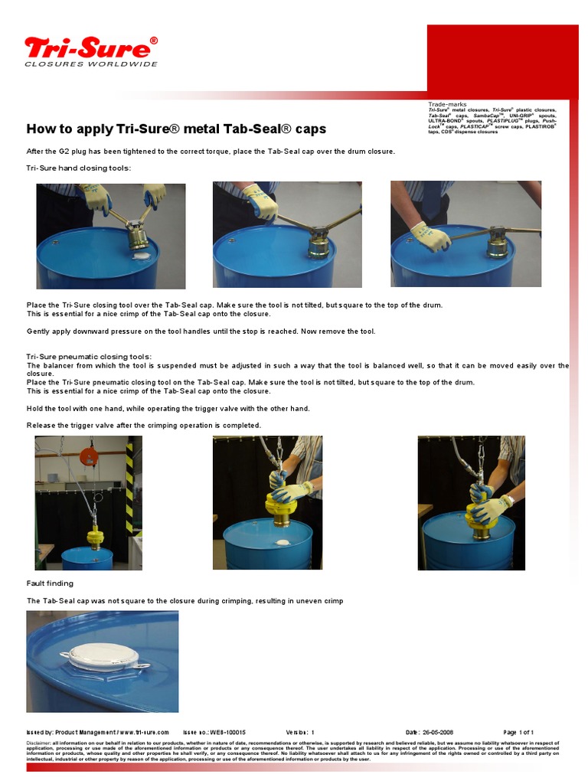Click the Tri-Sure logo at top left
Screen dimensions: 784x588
tap(90, 51)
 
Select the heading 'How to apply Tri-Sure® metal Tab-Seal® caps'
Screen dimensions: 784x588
tap(176, 129)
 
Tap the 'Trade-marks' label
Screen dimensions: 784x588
tap(446, 103)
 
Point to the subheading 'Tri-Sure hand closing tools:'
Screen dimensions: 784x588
tap(79, 168)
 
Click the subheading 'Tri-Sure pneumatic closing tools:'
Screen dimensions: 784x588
tap(89, 357)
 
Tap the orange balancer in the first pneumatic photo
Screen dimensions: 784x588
tap(89, 456)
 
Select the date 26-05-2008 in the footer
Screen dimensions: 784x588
tap(435, 732)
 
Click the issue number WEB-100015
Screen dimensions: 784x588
tap(223, 732)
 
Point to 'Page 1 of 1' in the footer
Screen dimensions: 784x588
tap(518, 732)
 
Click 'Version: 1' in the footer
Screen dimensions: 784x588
tap(300, 732)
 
